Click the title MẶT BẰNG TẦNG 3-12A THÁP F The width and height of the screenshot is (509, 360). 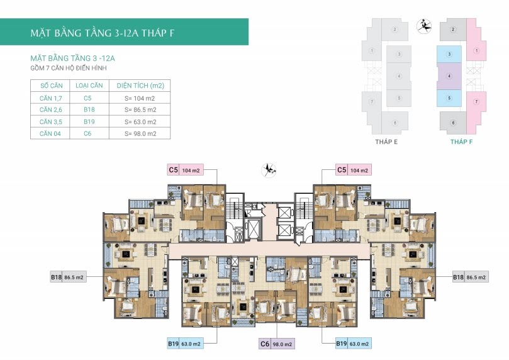tap(103, 33)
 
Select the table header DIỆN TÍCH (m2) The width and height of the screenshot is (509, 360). tap(140, 86)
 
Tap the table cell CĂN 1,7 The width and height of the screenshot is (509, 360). tap(50, 98)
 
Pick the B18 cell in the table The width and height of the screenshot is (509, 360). tap(89, 110)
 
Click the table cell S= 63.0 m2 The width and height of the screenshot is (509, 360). tap(140, 122)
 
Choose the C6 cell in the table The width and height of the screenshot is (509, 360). tap(87, 133)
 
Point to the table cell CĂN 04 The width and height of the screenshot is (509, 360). tap(50, 133)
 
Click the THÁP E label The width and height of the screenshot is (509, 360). tap(386, 142)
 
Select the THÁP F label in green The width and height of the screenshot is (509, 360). tap(461, 142)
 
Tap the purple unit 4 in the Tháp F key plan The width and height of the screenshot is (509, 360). tap(449, 76)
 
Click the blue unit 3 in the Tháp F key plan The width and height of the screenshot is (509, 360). tap(449, 54)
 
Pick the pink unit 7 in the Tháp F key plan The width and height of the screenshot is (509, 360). tap(476, 107)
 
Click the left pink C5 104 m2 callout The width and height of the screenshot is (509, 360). tap(186, 170)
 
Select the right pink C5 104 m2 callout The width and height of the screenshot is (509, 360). tap(354, 170)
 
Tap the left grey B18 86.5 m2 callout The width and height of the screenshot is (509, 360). tap(68, 277)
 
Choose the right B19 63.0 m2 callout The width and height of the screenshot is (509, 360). tap(354, 344)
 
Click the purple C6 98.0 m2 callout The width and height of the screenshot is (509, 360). tap(277, 344)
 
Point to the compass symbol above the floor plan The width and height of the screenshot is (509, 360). tap(269, 170)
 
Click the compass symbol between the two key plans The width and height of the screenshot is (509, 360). tap(424, 26)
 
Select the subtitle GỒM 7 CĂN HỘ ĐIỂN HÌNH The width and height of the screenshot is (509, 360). tap(69, 68)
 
